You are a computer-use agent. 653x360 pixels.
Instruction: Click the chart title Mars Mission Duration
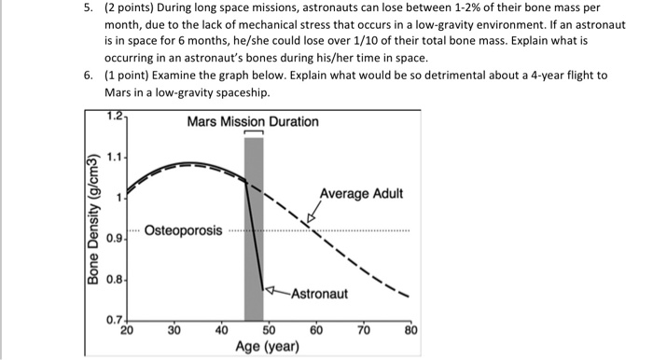[252, 122]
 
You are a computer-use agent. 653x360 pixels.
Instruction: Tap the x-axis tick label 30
[174, 330]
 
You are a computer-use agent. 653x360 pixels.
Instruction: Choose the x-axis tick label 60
[316, 330]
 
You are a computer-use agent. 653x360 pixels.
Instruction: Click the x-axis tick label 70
[364, 330]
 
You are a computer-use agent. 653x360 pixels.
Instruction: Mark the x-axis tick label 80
[411, 330]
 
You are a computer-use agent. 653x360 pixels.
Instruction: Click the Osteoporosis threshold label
[184, 230]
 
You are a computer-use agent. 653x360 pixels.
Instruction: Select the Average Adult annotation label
[361, 194]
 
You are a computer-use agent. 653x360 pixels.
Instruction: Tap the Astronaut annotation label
[318, 294]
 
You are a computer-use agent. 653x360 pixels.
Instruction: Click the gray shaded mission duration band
[253, 233]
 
